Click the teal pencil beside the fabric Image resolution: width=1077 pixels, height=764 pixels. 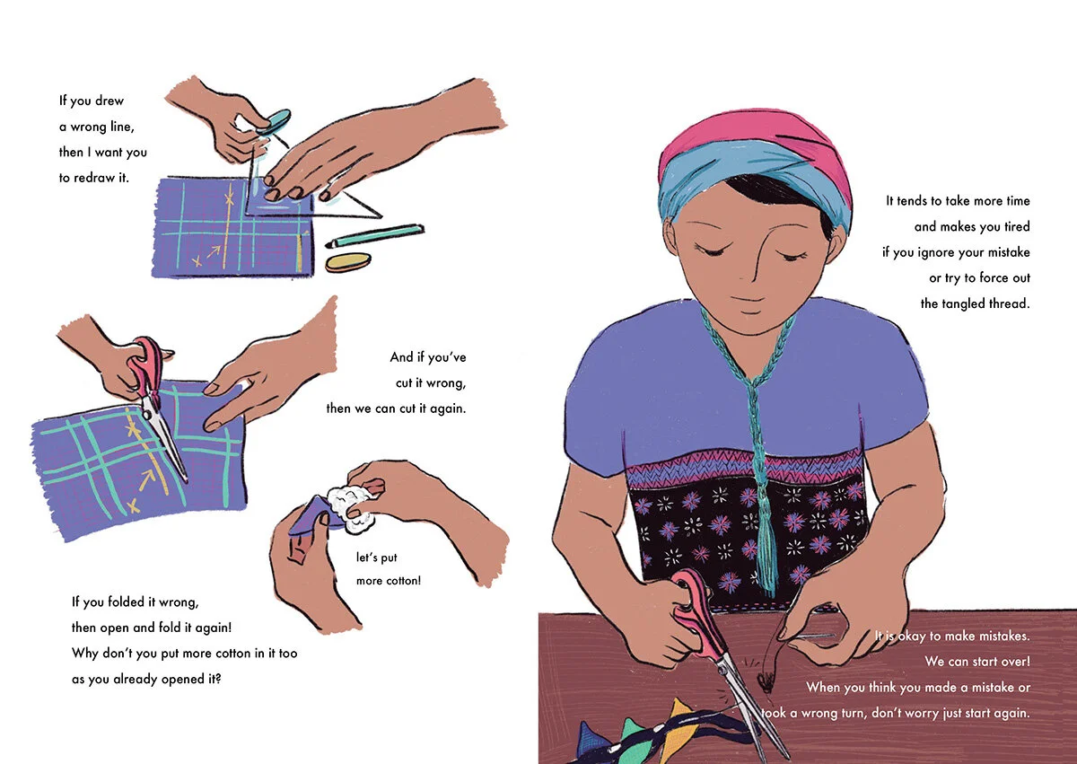pos(375,235)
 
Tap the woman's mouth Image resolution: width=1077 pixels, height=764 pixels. pos(750,300)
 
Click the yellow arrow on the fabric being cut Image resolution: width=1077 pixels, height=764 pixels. pos(146,479)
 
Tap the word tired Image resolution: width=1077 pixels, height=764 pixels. pos(1017,226)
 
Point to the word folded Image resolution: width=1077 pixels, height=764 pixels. pos(127,602)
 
